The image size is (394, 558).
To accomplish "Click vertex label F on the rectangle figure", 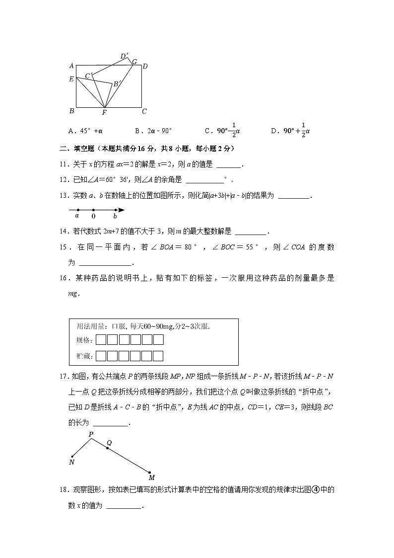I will pos(104,113).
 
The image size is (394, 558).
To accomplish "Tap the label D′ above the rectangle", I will pos(124,56).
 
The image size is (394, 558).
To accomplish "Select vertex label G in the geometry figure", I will pos(134,62).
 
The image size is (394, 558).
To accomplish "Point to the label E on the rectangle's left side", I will pos(71,79).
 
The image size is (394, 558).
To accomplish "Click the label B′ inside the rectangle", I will pos(117,84).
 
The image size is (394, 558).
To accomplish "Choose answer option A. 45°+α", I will pos(85,131).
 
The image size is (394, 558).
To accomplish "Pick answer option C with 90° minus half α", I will pos(223,131).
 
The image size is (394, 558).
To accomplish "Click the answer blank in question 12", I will pos(204,180).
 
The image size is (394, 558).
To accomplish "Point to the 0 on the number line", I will pos(93,216).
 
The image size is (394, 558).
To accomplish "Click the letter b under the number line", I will pos(115,216).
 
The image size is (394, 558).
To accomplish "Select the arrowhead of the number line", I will pos(122,210).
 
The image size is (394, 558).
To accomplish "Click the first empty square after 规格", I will pos(100,340).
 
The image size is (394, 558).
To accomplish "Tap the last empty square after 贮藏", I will pos(158,356).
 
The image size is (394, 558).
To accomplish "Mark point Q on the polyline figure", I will pos(107,448).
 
